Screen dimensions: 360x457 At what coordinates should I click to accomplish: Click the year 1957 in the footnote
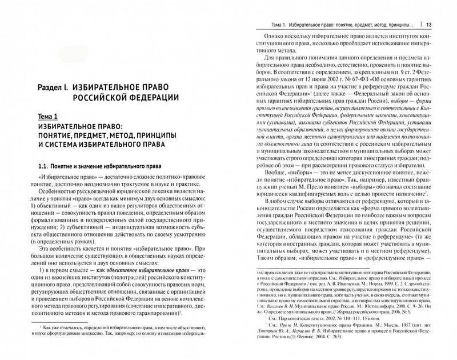pyautogui.click(x=412, y=342)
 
